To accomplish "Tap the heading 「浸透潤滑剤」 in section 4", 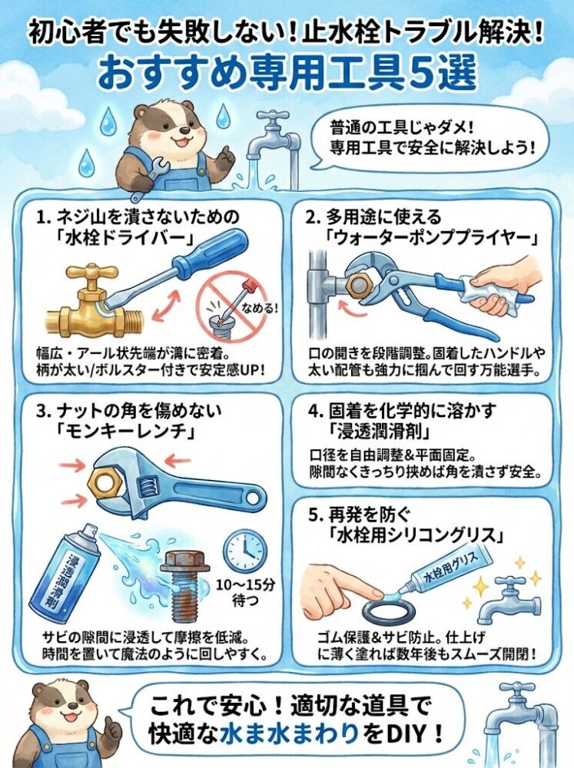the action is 380,432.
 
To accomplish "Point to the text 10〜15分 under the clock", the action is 246,584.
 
